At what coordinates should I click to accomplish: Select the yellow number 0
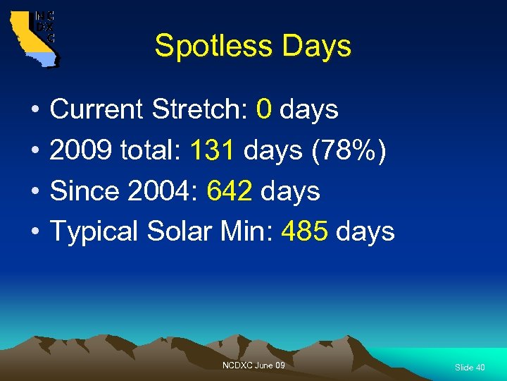(264, 110)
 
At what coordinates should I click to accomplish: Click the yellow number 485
(304, 231)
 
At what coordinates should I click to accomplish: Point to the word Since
(85, 190)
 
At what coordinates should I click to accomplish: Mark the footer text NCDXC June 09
(254, 365)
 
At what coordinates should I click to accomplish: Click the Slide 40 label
(470, 368)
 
